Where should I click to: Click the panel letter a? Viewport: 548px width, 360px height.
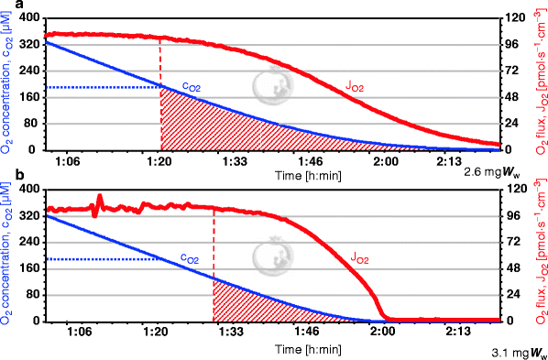pos(7,5)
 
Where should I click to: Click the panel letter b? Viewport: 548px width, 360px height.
pos(7,174)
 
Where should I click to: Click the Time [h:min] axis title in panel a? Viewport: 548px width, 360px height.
pos(280,171)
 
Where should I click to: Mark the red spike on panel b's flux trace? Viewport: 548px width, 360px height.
pos(99,200)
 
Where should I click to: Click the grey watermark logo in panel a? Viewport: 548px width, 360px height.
pos(270,84)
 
